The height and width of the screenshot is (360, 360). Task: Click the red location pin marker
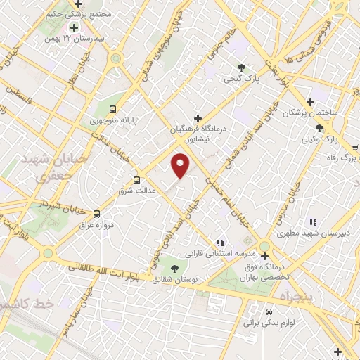[181, 167]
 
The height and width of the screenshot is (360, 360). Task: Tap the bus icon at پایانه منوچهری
[112, 108]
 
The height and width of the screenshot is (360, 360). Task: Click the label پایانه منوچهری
[109, 122]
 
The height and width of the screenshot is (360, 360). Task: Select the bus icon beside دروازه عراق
[96, 214]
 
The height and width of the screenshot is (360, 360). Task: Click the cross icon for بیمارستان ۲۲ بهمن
[72, 27]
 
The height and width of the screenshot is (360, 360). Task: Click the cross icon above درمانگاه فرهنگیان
[198, 117]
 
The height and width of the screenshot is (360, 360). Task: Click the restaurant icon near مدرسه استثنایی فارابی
[220, 240]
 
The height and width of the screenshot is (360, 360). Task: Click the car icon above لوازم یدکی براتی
[269, 310]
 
